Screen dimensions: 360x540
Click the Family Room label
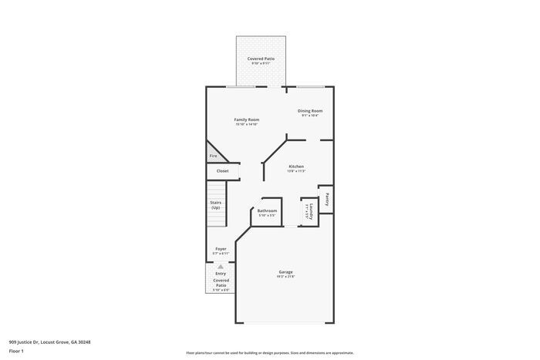point(247,119)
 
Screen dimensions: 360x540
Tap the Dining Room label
point(310,110)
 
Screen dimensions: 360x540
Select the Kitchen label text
point(296,167)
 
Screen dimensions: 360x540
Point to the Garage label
point(285,271)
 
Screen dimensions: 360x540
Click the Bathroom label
point(267,210)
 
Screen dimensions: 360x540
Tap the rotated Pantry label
point(327,200)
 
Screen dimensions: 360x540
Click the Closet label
point(222,171)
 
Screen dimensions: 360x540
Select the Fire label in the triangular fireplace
point(213,156)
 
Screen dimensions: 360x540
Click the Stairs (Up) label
point(216,205)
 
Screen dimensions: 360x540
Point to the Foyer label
point(221,249)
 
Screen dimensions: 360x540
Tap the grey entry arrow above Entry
point(221,266)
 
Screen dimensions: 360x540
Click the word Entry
point(221,273)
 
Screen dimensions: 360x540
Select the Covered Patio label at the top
point(261,59)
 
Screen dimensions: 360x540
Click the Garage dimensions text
point(285,276)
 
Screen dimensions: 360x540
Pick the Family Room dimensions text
point(247,124)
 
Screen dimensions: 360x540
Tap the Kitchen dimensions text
point(296,171)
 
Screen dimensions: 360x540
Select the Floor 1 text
point(17,351)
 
